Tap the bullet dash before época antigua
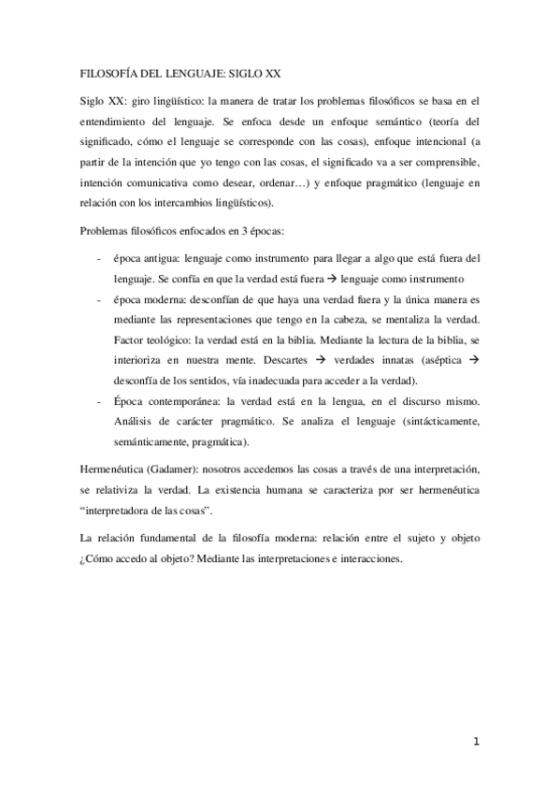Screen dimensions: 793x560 point(98,256)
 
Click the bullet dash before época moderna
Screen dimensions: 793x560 point(98,299)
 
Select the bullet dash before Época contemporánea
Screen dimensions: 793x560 point(98,401)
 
